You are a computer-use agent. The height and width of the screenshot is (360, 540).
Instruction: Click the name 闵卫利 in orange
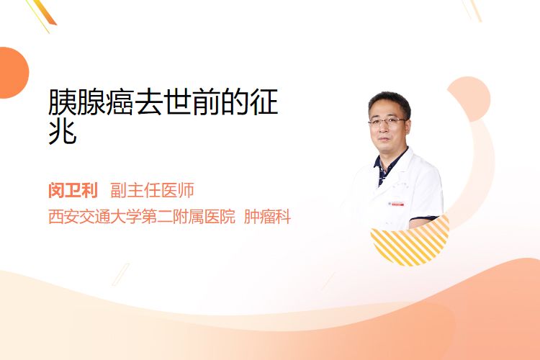click(x=73, y=190)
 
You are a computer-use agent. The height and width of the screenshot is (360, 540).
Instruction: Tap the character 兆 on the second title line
click(x=63, y=131)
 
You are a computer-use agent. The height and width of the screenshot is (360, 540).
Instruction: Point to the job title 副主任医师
click(x=152, y=190)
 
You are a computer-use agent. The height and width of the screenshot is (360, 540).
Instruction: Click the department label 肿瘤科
click(x=267, y=217)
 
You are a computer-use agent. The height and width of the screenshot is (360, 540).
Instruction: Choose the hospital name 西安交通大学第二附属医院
click(x=142, y=217)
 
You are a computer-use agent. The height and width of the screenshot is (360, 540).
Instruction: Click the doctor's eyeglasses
click(x=387, y=121)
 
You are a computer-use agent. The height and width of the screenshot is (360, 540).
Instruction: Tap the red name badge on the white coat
click(x=396, y=204)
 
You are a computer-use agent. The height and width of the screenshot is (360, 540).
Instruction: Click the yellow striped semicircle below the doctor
click(x=410, y=245)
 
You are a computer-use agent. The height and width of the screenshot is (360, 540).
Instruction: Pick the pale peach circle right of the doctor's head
click(x=470, y=99)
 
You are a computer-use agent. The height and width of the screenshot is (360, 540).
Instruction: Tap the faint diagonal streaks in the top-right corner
click(x=472, y=10)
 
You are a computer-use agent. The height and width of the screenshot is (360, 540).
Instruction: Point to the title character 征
click(x=264, y=102)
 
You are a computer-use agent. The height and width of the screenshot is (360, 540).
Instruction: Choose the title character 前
click(x=207, y=102)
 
